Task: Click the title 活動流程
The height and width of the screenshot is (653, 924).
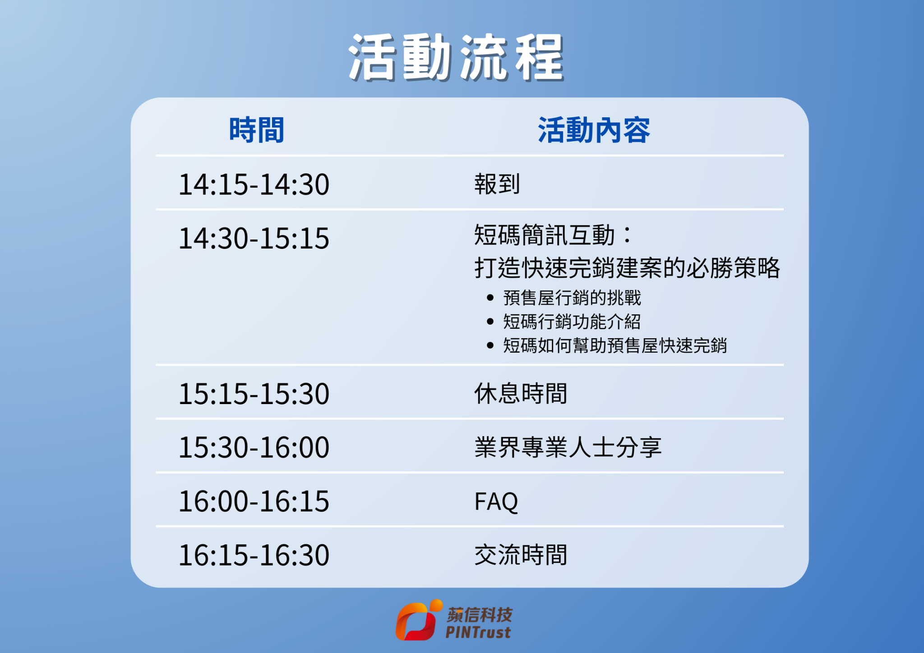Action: pyautogui.click(x=457, y=58)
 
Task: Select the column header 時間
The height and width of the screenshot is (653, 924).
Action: pyautogui.click(x=257, y=130)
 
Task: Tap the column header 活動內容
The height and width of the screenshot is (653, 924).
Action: pyautogui.click(x=594, y=130)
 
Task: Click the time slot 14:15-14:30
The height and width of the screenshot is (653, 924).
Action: pyautogui.click(x=254, y=184)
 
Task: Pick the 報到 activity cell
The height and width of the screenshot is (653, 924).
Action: pyautogui.click(x=497, y=184)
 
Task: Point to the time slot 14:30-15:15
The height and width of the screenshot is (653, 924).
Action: pyautogui.click(x=254, y=238)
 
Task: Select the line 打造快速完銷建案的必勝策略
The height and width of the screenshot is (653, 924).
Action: pyautogui.click(x=627, y=267)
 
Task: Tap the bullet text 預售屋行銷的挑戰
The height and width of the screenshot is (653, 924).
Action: pyautogui.click(x=572, y=298)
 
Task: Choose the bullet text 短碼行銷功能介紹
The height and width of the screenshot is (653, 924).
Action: pyautogui.click(x=572, y=322)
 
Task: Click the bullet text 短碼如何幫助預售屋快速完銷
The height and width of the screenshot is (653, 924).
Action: pyautogui.click(x=615, y=345)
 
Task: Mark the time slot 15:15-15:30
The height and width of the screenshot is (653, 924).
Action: pyautogui.click(x=254, y=394)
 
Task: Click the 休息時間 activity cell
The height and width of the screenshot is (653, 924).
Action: pyautogui.click(x=521, y=393)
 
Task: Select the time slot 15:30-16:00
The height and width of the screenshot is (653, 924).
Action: pyautogui.click(x=254, y=447)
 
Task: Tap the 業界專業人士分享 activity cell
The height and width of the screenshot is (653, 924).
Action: pyautogui.click(x=568, y=447)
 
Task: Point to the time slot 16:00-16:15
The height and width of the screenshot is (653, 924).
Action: pyautogui.click(x=254, y=501)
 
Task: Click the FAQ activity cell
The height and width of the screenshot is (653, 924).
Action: pyautogui.click(x=496, y=501)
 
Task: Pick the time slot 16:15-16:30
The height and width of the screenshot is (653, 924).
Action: pyautogui.click(x=254, y=555)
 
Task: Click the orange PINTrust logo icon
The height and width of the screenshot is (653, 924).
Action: pyautogui.click(x=418, y=620)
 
